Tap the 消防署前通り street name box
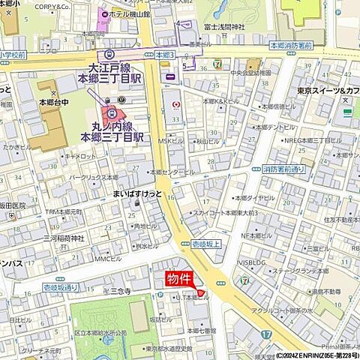(285, 169)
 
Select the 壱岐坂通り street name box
(60, 287)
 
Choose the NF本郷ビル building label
(259, 235)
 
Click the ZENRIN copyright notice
(317, 355)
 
